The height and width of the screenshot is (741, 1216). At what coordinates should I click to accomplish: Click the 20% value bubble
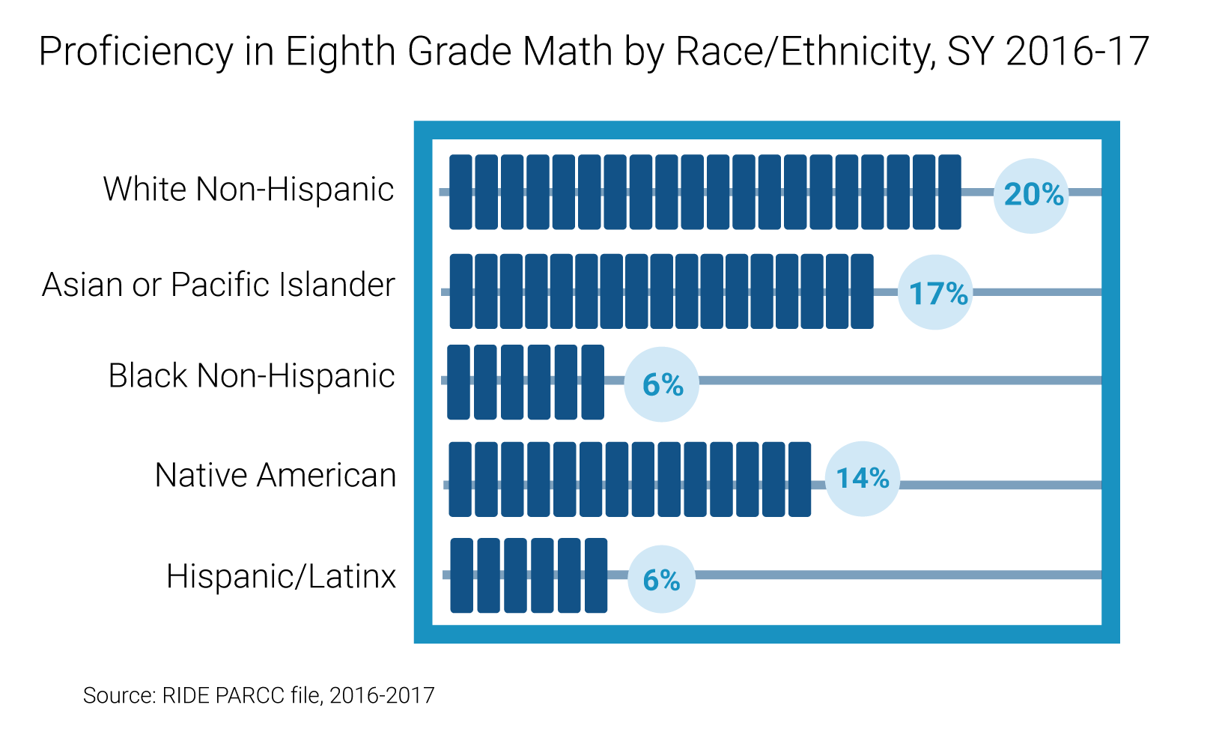pyautogui.click(x=1031, y=196)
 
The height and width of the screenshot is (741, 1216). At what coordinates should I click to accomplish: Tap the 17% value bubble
pyautogui.click(x=935, y=292)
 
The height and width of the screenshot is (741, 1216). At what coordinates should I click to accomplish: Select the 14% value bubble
pyautogui.click(x=863, y=479)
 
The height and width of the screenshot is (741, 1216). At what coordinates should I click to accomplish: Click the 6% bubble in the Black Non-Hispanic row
pyautogui.click(x=662, y=384)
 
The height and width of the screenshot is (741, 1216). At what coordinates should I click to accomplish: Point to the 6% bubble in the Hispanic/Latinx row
pyautogui.click(x=662, y=579)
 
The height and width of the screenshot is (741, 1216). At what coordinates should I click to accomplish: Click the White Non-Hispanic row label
pyautogui.click(x=249, y=189)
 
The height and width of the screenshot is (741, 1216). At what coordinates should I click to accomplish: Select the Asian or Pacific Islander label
pyautogui.click(x=218, y=284)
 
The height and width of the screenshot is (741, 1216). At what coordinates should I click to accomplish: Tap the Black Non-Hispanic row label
pyautogui.click(x=252, y=375)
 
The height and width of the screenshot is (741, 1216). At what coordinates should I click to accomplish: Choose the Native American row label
pyautogui.click(x=276, y=475)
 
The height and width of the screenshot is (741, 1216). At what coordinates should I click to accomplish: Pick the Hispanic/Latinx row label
pyautogui.click(x=282, y=576)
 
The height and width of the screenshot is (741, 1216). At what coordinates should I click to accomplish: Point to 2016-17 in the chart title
pyautogui.click(x=1077, y=52)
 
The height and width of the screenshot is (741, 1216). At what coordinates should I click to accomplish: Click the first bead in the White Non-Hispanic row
pyautogui.click(x=461, y=192)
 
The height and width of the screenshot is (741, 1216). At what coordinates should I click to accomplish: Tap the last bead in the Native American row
pyautogui.click(x=800, y=480)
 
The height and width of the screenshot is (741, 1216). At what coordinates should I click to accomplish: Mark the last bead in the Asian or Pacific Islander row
pyautogui.click(x=862, y=291)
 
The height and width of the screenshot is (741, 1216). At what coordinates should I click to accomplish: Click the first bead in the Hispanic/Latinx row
pyautogui.click(x=461, y=575)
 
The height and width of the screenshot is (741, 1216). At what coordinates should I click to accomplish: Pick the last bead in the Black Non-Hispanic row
pyautogui.click(x=593, y=382)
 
